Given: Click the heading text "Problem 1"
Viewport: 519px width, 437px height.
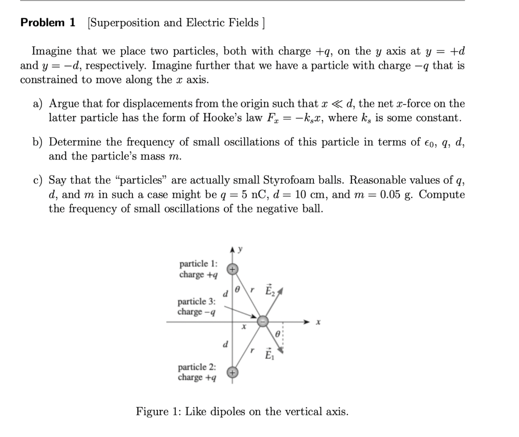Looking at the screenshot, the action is [x=48, y=23].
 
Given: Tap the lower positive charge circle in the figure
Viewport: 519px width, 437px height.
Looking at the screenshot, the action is [x=232, y=373].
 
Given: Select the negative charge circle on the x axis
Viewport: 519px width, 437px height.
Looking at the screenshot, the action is [x=262, y=322].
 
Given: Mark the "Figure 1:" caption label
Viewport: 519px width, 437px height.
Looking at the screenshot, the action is [x=158, y=412].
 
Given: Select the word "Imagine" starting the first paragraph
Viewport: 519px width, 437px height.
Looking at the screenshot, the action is [x=52, y=52].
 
